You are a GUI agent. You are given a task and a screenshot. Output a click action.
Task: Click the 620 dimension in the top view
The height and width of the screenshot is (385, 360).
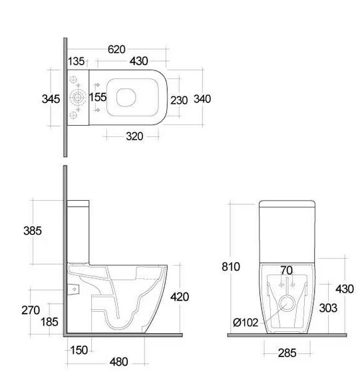click(116, 49)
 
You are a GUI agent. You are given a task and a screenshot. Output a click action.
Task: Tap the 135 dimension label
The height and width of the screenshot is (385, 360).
click(76, 61)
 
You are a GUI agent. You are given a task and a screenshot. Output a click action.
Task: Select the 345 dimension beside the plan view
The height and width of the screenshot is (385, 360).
click(51, 99)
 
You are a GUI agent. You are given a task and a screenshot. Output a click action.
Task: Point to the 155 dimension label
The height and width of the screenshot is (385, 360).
click(98, 97)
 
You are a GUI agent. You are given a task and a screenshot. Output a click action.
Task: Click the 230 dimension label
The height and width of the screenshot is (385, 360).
click(179, 100)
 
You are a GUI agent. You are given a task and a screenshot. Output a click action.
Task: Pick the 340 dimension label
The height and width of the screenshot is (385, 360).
click(202, 99)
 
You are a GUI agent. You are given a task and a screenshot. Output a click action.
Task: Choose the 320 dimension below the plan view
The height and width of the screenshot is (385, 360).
click(134, 136)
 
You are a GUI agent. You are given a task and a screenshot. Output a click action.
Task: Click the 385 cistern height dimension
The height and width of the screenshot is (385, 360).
click(33, 231)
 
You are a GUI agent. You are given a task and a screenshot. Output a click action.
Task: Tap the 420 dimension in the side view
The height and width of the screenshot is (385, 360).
click(180, 297)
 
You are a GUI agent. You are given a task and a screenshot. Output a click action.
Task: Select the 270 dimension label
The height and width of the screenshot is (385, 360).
click(31, 311)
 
